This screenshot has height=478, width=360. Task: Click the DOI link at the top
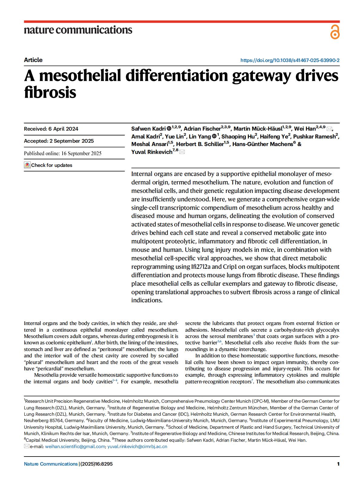(x=290, y=60)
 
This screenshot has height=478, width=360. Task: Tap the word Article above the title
(x=33, y=60)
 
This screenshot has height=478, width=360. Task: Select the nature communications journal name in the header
(x=78, y=30)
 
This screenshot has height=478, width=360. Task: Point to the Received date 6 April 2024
(x=51, y=129)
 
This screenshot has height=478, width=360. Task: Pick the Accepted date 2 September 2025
(x=59, y=141)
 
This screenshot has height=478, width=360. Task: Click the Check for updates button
(x=48, y=165)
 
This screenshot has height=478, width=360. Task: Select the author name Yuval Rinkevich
(x=152, y=152)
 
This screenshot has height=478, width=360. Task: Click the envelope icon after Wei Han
(x=329, y=129)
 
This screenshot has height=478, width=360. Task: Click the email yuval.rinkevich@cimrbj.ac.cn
(x=137, y=446)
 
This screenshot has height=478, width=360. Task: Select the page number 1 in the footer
(x=338, y=464)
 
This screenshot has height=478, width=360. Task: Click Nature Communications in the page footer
(x=51, y=464)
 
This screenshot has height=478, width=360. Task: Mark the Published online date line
(x=63, y=153)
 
